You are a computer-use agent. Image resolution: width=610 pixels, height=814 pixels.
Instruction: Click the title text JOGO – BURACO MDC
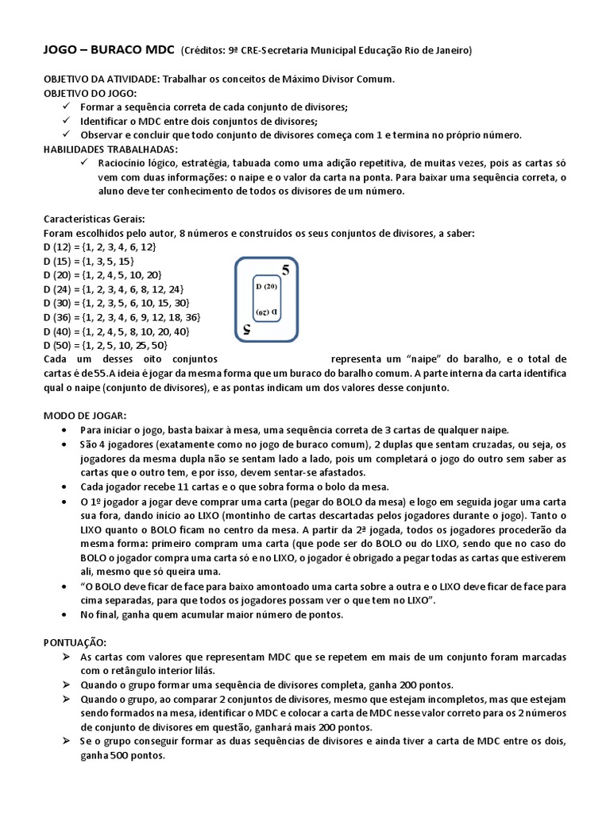point(108,51)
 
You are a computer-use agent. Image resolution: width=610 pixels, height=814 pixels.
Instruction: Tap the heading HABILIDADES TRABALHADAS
point(110,149)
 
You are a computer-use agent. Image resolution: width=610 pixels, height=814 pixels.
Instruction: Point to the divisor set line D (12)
point(99,247)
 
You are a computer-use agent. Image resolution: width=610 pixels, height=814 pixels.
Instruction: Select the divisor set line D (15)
point(89,261)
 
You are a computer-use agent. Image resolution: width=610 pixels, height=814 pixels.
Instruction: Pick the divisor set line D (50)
point(105,345)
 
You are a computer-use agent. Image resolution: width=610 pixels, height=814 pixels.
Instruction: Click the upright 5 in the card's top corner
point(285,271)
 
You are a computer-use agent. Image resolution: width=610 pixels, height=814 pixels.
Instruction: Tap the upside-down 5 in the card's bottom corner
point(247,328)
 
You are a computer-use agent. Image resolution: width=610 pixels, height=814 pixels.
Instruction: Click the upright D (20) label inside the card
point(265,287)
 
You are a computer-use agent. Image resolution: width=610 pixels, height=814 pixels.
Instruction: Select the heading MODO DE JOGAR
point(83,415)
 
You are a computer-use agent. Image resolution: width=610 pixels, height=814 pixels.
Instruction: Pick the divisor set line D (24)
point(114,289)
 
